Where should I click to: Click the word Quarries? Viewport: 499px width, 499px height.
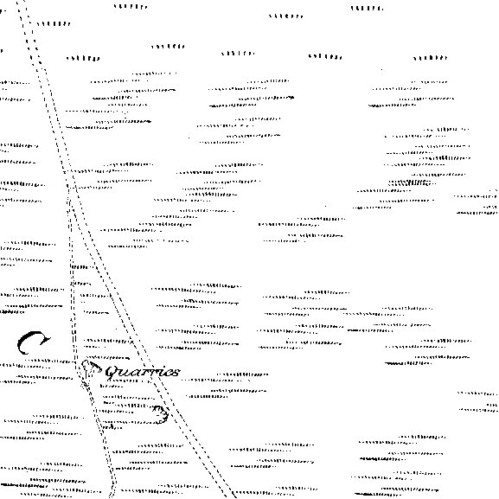(x=143, y=372)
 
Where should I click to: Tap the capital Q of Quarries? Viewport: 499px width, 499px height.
(x=112, y=373)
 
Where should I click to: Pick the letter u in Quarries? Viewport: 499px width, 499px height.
(x=125, y=373)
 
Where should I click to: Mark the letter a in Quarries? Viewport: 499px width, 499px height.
(x=134, y=373)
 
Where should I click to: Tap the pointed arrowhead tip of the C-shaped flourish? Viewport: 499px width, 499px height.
(x=51, y=339)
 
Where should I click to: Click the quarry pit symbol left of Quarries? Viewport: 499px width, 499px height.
(x=89, y=370)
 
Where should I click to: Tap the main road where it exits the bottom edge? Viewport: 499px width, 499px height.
(x=230, y=497)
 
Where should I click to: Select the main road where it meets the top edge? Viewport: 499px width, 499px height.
(x=22, y=1)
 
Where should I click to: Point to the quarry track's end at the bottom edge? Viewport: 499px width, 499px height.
(x=112, y=497)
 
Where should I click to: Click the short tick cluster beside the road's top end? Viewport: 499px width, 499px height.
(x=53, y=24)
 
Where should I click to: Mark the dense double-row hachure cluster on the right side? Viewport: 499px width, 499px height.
(x=411, y=182)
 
